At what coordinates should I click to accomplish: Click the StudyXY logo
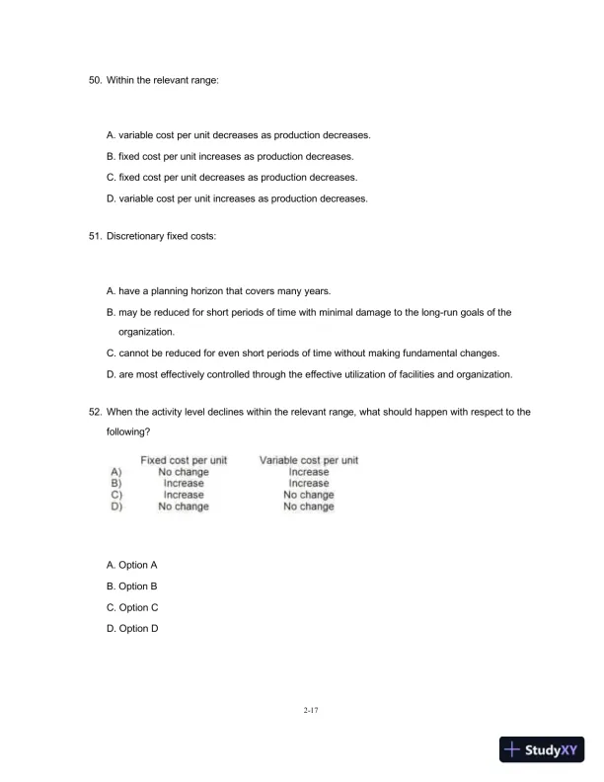(x=542, y=749)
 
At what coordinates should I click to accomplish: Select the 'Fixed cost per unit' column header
(x=185, y=460)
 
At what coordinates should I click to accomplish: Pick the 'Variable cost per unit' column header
(x=308, y=460)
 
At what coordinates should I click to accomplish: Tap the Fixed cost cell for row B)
(x=185, y=484)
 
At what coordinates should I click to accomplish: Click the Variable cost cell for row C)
(x=308, y=495)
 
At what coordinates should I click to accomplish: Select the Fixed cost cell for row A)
(x=185, y=472)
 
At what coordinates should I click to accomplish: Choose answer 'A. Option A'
(x=132, y=565)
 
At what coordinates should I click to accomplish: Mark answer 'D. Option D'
(x=132, y=628)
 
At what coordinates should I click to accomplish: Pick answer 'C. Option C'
(x=132, y=607)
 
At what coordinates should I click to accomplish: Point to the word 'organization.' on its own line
(x=146, y=333)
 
